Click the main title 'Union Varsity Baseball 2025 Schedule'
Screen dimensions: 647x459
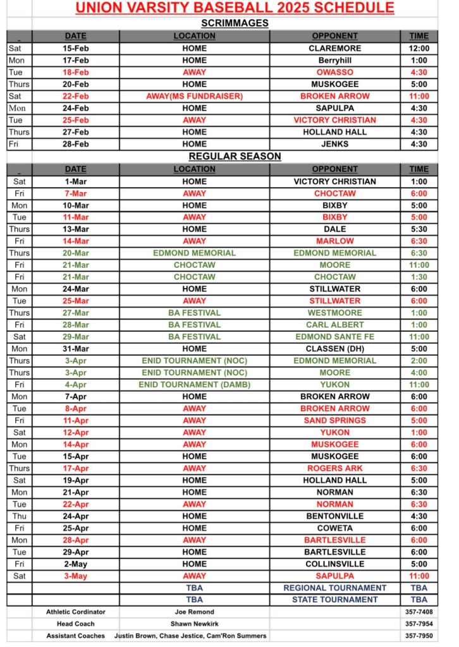[235, 8]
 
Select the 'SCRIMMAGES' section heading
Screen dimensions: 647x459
[235, 23]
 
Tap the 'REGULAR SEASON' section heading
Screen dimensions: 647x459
[235, 156]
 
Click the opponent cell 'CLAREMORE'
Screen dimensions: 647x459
[334, 48]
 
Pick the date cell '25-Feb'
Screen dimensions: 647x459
[75, 120]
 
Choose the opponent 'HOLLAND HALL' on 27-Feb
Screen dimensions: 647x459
[334, 132]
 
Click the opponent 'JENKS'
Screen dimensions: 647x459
[334, 144]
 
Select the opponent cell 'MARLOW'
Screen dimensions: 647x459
[334, 241]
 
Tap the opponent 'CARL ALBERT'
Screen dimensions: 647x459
[334, 325]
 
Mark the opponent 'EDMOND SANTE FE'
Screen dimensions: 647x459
[334, 337]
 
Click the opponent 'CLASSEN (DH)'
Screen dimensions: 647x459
[334, 349]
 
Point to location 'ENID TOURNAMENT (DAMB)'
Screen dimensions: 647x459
[194, 384]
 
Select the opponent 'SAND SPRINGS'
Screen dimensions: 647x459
[334, 420]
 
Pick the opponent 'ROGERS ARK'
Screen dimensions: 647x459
[334, 468]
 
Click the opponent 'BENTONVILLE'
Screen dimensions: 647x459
[334, 516]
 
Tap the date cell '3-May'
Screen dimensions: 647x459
[75, 576]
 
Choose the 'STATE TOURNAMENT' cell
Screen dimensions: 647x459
[334, 600]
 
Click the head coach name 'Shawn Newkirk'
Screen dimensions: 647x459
[194, 624]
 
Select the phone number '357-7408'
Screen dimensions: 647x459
[419, 612]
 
